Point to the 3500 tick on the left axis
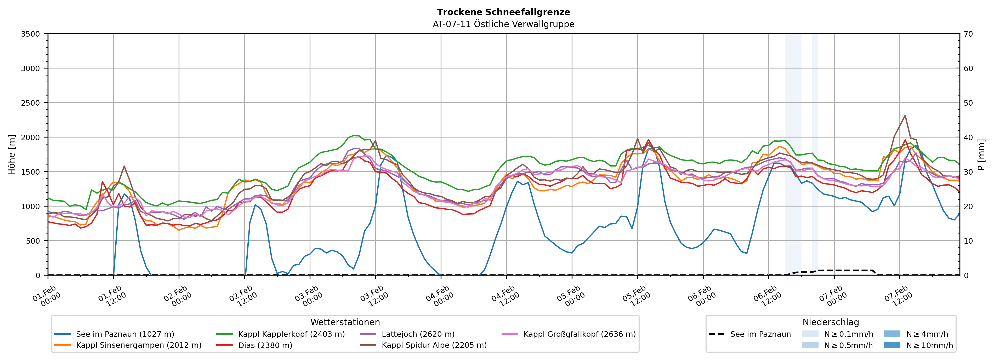pos(31,34)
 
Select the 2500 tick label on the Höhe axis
pos(31,103)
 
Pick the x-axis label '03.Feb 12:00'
pos(373,296)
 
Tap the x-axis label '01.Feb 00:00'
pos(46,296)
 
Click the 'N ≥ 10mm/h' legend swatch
pos(892,345)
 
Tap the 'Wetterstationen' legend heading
pos(345,322)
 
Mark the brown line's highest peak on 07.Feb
pos(905,115)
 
